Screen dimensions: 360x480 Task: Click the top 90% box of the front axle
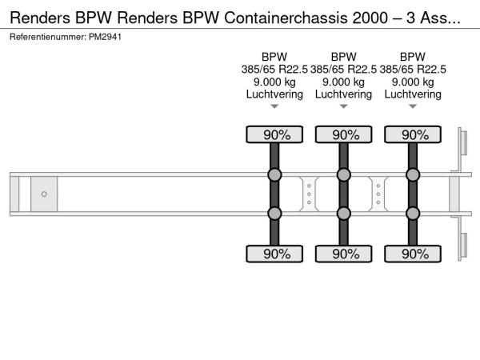pyautogui.click(x=274, y=135)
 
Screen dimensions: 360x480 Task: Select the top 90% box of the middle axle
pyautogui.click(x=344, y=135)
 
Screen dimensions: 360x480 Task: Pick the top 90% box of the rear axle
pyautogui.click(x=413, y=135)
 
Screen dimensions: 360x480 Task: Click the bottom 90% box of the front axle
pyautogui.click(x=274, y=254)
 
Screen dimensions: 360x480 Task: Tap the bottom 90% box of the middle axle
pyautogui.click(x=344, y=254)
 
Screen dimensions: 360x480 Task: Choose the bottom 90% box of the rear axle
pyautogui.click(x=413, y=254)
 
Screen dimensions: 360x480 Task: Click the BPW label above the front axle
pyautogui.click(x=274, y=56)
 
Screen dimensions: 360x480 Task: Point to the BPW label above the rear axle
pyautogui.click(x=413, y=56)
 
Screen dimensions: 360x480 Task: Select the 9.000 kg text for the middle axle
pyautogui.click(x=344, y=82)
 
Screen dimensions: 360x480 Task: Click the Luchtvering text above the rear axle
pyautogui.click(x=413, y=94)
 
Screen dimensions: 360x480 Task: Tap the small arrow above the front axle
pyautogui.click(x=274, y=106)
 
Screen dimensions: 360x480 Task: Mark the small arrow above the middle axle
pyautogui.click(x=344, y=106)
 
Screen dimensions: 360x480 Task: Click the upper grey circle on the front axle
pyautogui.click(x=274, y=175)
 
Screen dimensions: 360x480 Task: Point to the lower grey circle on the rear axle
pyautogui.click(x=413, y=213)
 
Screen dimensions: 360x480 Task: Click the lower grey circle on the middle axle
pyautogui.click(x=344, y=213)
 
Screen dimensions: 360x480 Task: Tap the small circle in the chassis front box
pyautogui.click(x=44, y=194)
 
